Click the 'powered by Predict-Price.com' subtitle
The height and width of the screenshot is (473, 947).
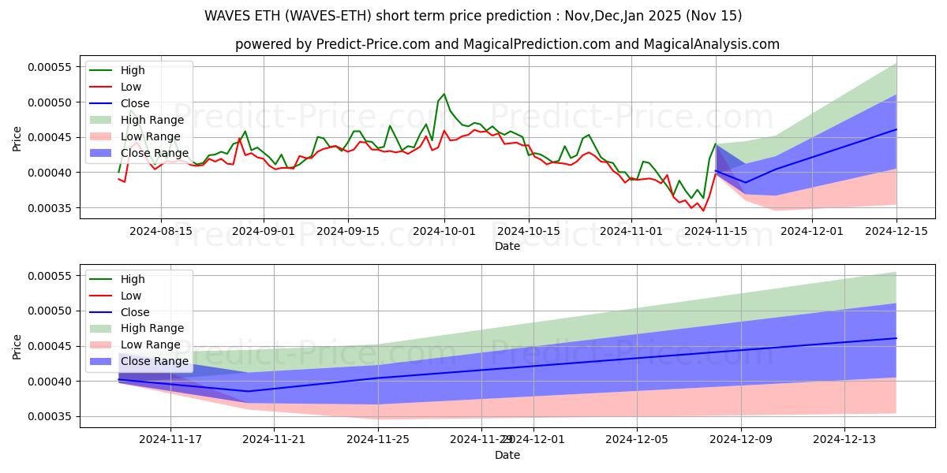(507, 44)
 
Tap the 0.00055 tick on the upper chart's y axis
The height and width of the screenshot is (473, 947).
(49, 67)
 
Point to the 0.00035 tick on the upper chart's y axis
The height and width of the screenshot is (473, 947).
(49, 208)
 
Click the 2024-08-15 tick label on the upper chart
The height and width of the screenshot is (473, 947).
(161, 231)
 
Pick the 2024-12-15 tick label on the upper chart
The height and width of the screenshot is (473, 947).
(896, 231)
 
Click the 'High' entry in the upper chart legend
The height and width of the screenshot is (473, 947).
(133, 70)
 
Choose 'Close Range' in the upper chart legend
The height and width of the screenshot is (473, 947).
(155, 153)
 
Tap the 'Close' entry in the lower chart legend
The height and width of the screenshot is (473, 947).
(135, 312)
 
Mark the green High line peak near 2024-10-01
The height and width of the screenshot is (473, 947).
(444, 94)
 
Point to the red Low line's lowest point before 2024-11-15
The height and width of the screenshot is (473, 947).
(704, 210)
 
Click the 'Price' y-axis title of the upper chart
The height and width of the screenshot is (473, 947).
(17, 139)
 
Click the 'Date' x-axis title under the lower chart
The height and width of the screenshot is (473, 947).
(507, 455)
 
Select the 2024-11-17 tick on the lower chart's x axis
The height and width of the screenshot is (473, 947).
(170, 440)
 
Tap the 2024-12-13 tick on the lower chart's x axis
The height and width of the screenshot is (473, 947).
(844, 440)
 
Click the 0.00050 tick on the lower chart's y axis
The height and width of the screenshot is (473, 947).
(49, 311)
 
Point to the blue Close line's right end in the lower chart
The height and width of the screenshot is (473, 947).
(896, 338)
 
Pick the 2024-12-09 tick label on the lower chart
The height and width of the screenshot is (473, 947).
(741, 440)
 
